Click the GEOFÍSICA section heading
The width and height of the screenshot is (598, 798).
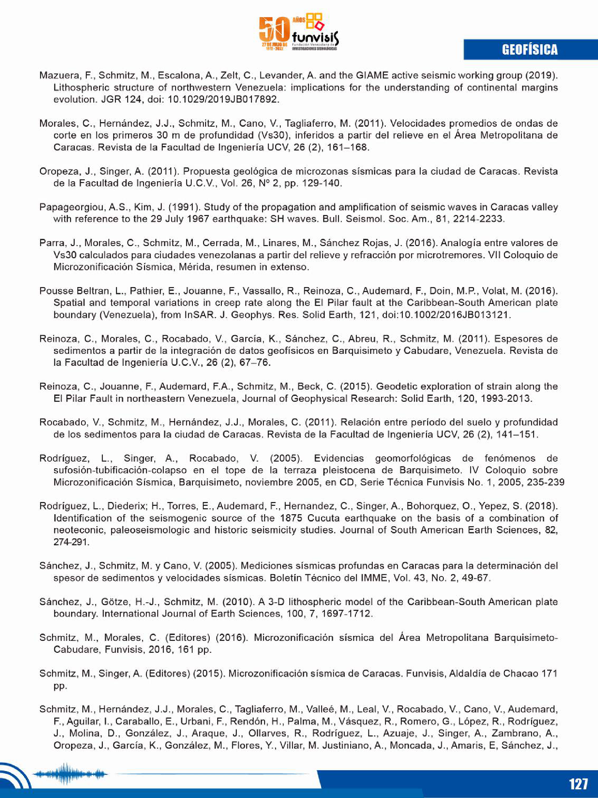(529, 50)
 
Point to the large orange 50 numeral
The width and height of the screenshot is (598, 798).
(275, 31)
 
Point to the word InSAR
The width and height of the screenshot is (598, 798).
(200, 315)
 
